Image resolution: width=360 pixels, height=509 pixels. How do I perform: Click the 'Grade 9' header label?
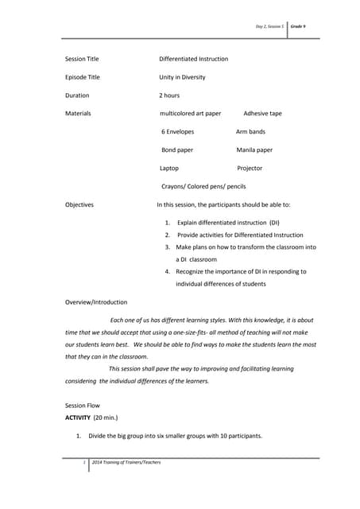click(299, 26)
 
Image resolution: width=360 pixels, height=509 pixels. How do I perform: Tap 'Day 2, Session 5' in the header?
click(269, 26)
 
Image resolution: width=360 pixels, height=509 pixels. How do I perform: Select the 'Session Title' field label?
click(82, 59)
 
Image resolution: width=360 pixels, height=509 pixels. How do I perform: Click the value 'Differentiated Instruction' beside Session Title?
click(193, 59)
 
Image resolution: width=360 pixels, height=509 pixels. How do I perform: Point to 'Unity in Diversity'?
click(182, 77)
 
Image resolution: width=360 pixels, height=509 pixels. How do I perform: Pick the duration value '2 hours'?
click(169, 95)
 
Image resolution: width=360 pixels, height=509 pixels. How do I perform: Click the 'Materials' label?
click(78, 114)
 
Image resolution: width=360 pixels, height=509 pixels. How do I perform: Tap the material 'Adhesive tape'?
click(262, 114)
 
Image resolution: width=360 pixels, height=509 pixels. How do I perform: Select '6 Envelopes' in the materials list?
click(177, 131)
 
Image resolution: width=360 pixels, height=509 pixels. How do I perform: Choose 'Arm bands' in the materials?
click(250, 131)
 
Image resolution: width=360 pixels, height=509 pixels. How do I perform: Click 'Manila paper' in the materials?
click(254, 150)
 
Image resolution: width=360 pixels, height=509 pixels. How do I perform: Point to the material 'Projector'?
click(250, 168)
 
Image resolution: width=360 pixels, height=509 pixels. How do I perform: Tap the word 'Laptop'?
click(169, 168)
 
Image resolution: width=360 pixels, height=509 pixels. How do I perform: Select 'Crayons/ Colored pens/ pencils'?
click(203, 186)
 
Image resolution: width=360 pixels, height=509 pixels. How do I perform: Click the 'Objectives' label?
click(79, 204)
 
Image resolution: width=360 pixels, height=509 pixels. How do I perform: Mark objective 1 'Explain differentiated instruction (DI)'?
click(228, 223)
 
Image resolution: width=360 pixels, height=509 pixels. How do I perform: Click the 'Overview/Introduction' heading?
click(95, 302)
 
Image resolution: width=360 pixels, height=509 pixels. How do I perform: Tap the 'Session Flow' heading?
click(83, 405)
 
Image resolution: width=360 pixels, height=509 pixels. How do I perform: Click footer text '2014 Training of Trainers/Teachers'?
click(126, 462)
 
